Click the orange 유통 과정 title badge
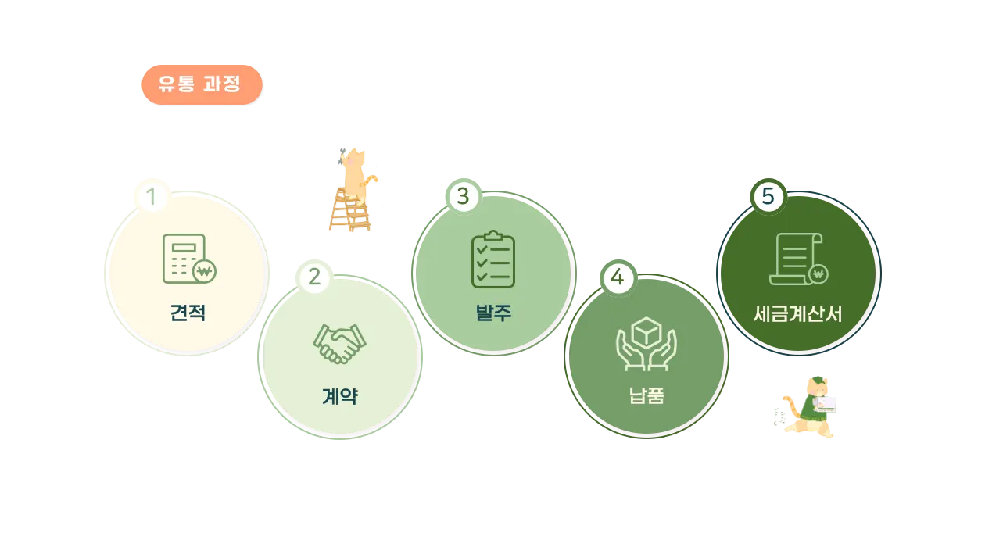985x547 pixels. tap(201, 84)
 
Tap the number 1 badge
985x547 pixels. tap(152, 196)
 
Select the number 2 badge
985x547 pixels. tap(314, 277)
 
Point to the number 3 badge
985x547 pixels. tap(463, 196)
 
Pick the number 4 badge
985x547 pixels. tap(618, 277)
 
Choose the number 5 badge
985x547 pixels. tap(768, 196)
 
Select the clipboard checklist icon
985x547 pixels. tap(493, 259)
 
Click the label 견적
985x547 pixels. tap(188, 313)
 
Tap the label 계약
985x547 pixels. tap(340, 396)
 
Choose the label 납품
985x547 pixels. tap(647, 396)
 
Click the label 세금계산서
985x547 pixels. tap(797, 313)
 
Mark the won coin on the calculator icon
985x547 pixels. tap(205, 272)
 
